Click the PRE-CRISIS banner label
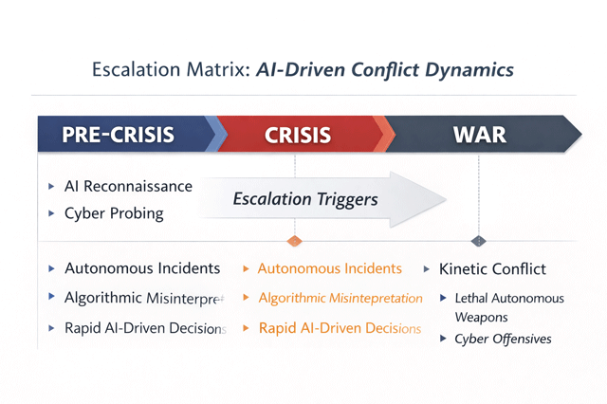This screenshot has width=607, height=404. pos(118,134)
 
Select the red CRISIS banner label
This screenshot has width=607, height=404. pos(298,134)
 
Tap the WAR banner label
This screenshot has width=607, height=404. pos(479,134)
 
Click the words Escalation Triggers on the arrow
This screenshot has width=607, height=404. pos(305,199)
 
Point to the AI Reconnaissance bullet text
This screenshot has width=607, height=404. pos(128,186)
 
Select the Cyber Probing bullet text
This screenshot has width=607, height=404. pos(114,213)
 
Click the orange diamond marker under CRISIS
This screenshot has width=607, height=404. pos(294,241)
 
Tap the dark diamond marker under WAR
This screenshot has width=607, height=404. pos(478,241)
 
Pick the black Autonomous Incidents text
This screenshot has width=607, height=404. pos(142,268)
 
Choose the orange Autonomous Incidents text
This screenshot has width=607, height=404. pos(329,268)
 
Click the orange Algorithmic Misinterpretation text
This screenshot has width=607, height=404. pos(340,298)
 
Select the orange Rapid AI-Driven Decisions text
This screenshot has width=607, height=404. pos(339,328)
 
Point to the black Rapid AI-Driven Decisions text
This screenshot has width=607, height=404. pos(145,328)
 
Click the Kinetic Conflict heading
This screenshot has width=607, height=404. pos(492,268)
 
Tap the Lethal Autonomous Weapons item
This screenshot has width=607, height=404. pos(508,307)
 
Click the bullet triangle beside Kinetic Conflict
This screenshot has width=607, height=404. pos(427,268)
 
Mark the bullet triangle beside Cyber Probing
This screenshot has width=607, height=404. pos(51,213)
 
